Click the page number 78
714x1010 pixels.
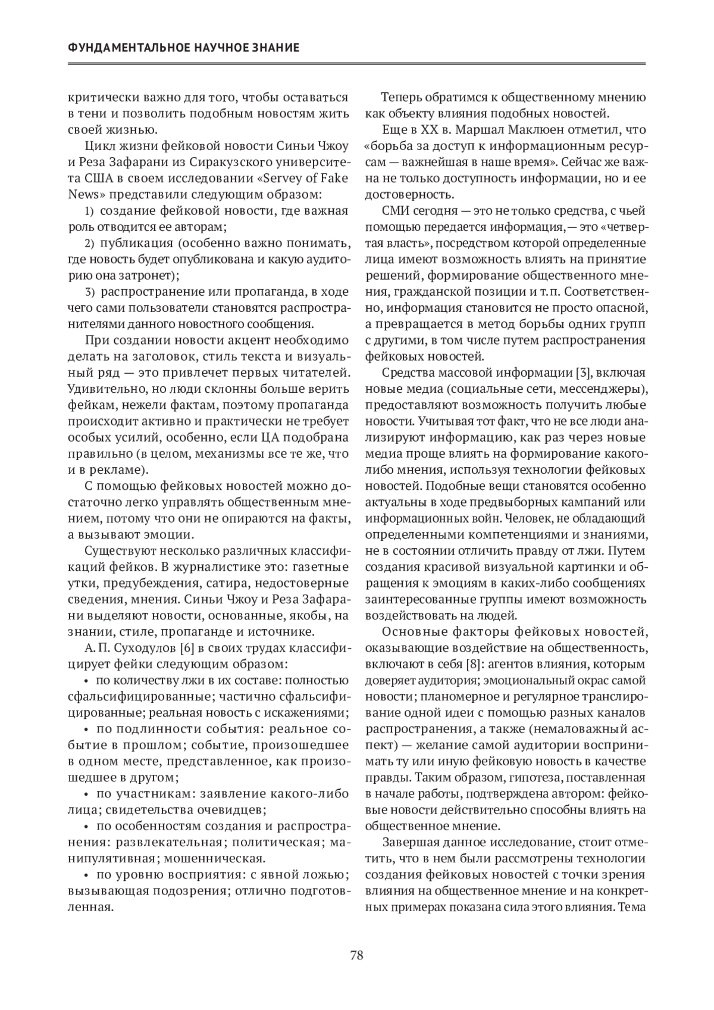click(x=356, y=956)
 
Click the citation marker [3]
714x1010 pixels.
click(x=581, y=373)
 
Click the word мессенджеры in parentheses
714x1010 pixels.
click(x=605, y=389)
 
